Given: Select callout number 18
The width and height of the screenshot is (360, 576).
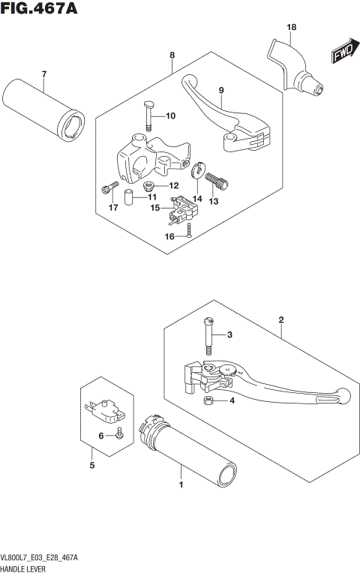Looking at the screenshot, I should [291, 28].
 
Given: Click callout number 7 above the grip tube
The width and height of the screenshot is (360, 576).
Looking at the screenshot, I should [43, 73].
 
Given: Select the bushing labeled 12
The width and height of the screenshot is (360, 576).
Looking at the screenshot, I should [149, 185].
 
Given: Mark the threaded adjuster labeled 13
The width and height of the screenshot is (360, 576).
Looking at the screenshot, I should [219, 179].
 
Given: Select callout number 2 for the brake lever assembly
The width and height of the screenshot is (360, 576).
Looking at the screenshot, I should [280, 320].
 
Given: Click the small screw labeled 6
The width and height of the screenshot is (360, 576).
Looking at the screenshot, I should [118, 432].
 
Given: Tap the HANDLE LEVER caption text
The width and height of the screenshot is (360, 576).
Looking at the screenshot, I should [27, 570].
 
